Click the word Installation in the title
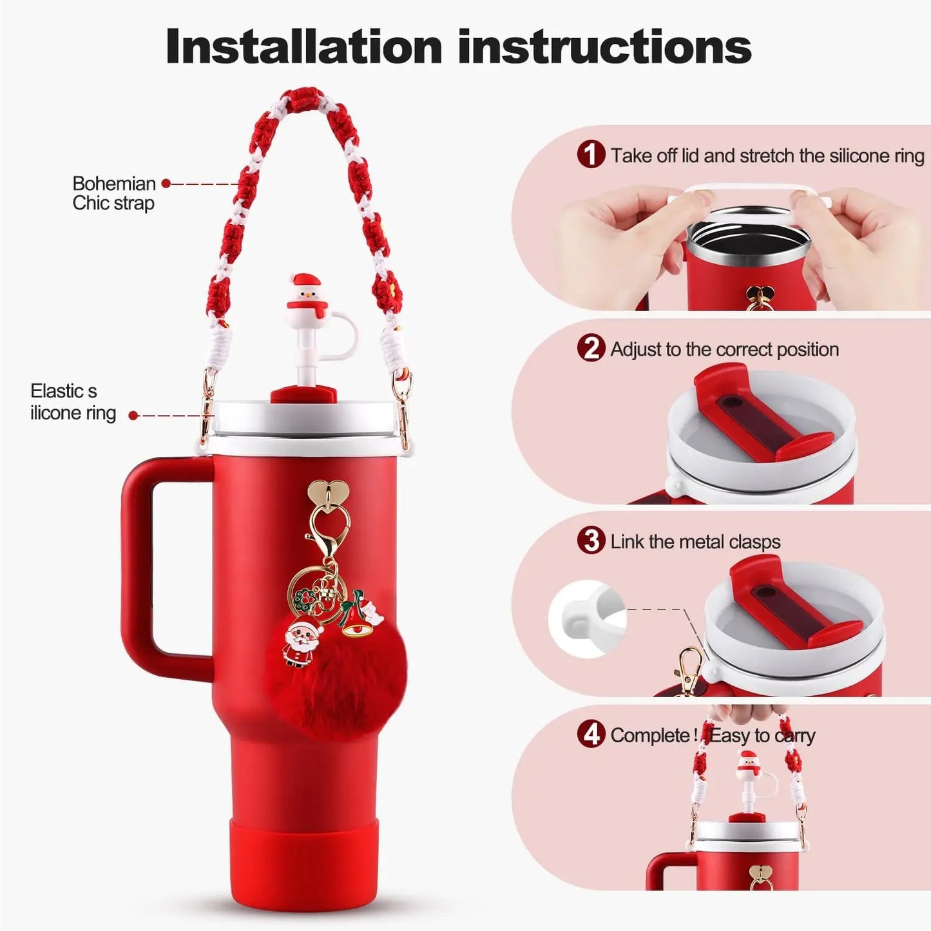click(304, 46)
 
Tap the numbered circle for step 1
click(591, 155)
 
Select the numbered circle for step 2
click(591, 349)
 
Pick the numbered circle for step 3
click(591, 541)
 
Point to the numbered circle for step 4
click(591, 735)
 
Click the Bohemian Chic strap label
click(113, 193)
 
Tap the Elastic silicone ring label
click(73, 402)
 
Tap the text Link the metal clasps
click(695, 542)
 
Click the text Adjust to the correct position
click(724, 349)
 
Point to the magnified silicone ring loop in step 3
click(587, 619)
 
